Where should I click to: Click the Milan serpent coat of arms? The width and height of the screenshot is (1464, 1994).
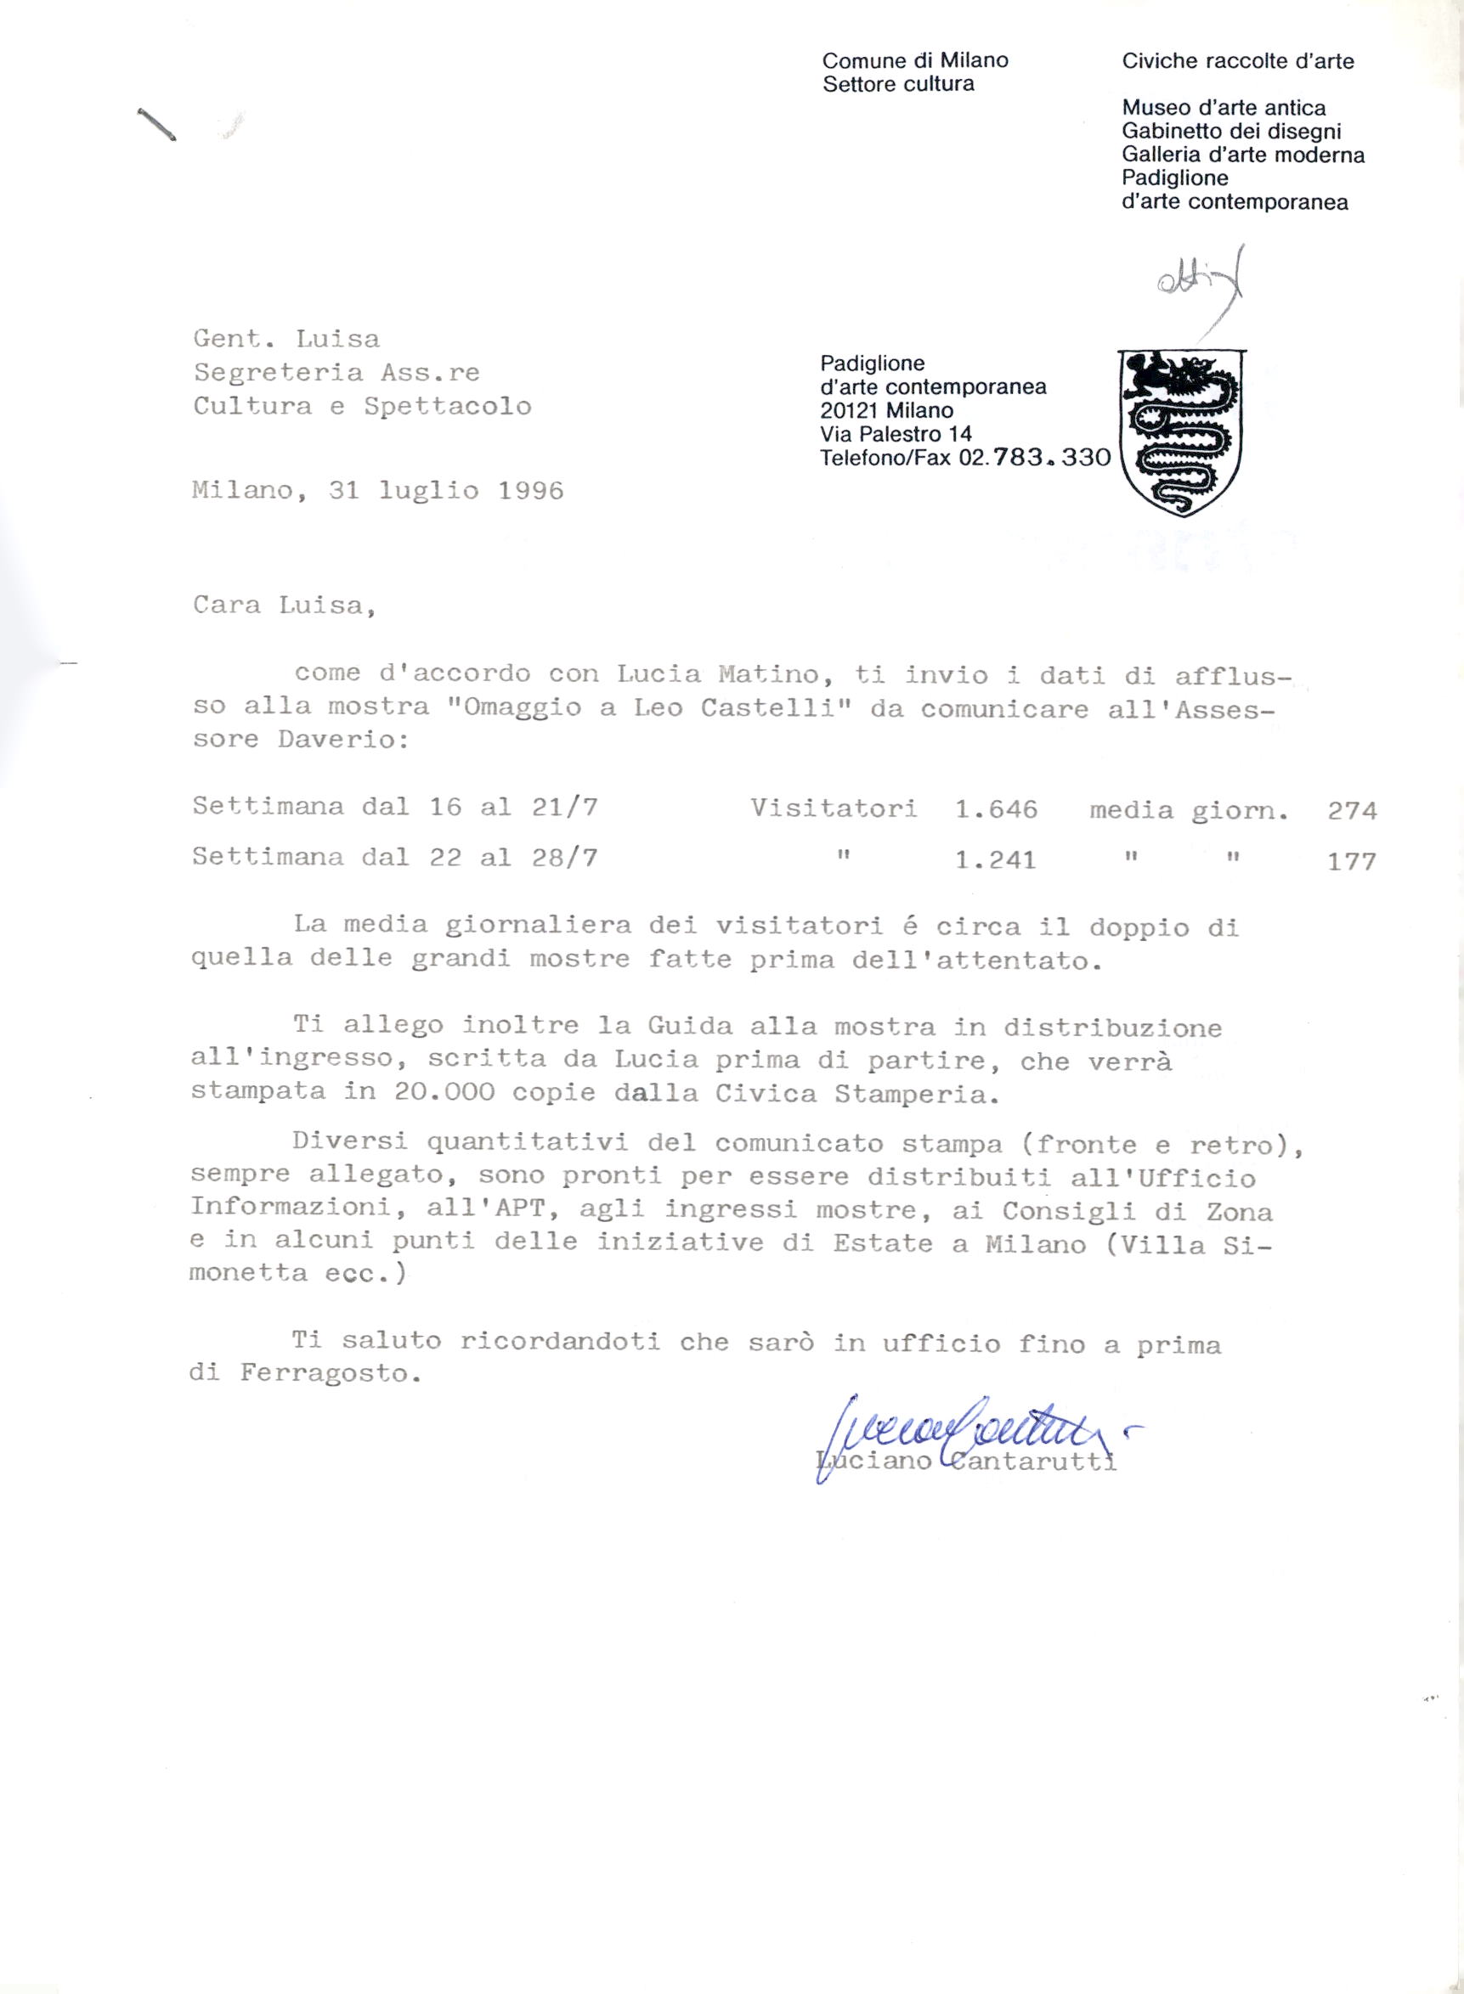[1182, 431]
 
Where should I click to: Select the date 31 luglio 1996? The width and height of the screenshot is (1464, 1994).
[446, 491]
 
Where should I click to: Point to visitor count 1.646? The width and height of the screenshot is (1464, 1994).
[996, 808]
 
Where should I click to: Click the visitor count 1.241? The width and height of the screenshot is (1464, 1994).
[995, 860]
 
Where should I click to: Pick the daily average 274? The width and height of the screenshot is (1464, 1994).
[1352, 810]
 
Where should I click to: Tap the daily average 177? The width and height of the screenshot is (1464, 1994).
[1352, 861]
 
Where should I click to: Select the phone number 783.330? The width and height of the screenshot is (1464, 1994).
[1052, 458]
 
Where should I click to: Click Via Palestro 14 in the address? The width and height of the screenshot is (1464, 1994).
[896, 434]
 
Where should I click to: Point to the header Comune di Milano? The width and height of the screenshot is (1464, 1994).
[914, 60]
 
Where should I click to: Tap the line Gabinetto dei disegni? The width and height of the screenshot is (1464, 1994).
[1231, 131]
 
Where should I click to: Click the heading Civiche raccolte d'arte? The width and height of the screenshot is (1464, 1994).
[1237, 61]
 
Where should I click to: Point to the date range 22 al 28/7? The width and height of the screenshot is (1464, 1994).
[513, 858]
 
